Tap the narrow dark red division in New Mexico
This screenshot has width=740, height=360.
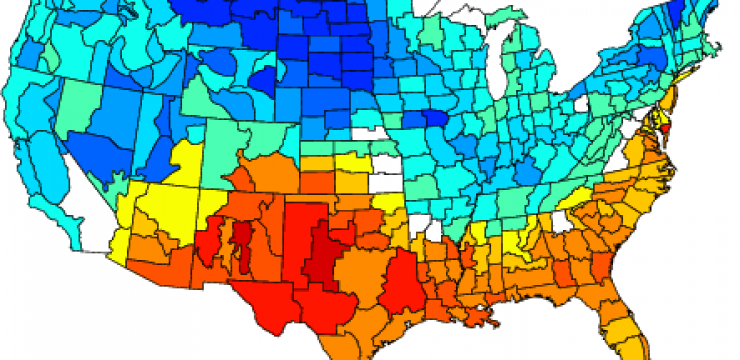(x=240, y=241)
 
